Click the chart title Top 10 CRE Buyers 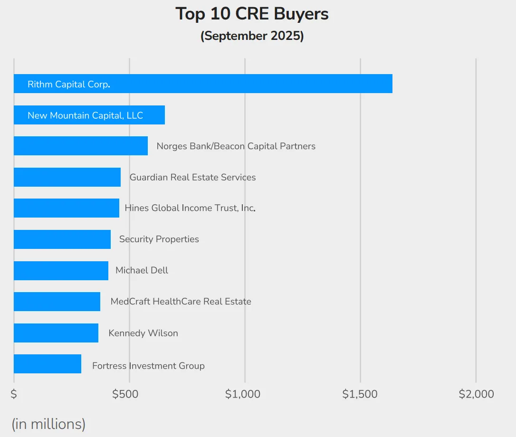coord(252,14)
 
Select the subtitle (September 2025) coord(252,36)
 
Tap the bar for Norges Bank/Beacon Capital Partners coord(81,146)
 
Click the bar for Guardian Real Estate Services coord(67,177)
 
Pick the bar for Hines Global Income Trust coord(67,208)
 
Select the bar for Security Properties coord(62,239)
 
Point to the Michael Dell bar coord(61,270)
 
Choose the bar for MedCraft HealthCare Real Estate coord(57,302)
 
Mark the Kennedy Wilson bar coord(56,333)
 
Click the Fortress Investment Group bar coord(48,364)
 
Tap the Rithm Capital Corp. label coord(69,85)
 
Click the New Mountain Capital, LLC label coord(85,115)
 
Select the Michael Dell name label coord(142,270)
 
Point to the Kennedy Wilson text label coord(143,333)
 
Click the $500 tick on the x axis coord(125,394)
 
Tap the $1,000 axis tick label coord(242,394)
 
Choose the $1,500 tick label coord(360,394)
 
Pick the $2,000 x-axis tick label coord(476,394)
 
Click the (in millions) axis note coord(48,424)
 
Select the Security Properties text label coord(159,239)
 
